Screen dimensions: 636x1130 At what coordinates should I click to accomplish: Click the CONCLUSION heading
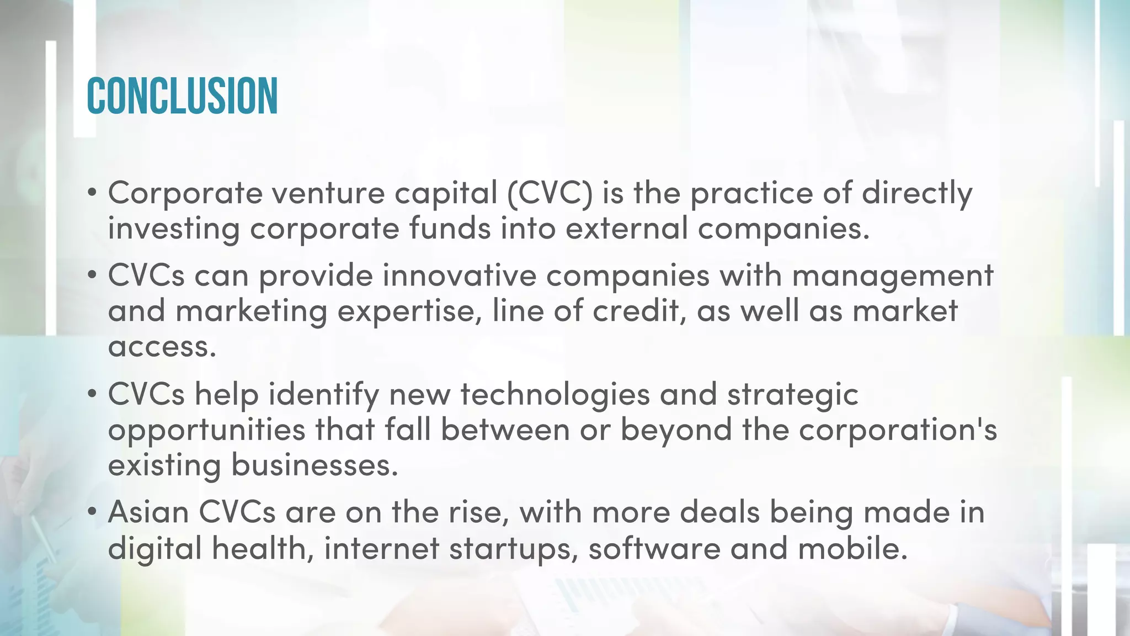[182, 96]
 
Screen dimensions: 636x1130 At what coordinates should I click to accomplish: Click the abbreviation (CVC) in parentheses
[549, 193]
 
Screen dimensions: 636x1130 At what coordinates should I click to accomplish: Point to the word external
[627, 229]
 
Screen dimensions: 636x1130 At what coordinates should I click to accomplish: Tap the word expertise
[406, 311]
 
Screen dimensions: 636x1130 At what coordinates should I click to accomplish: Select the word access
[162, 347]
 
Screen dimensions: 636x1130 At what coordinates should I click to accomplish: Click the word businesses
[315, 465]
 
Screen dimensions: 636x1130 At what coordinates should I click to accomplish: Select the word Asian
[148, 512]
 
